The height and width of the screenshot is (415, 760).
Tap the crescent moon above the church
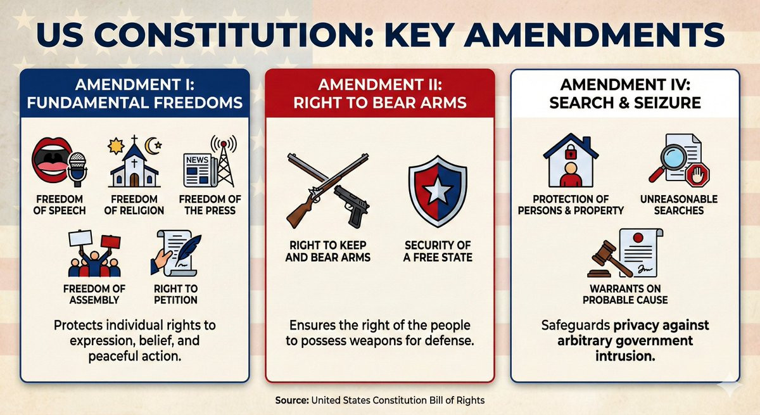click(151, 146)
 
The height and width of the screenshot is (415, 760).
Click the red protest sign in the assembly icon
click(111, 241)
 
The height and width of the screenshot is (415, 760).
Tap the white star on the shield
click(438, 190)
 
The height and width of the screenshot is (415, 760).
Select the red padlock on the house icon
click(571, 152)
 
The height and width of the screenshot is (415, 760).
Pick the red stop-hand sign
click(697, 175)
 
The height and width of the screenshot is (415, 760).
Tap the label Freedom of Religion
click(134, 205)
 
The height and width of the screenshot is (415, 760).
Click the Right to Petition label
click(175, 294)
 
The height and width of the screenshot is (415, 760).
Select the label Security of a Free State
click(438, 251)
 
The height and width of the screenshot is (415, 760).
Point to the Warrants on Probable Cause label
click(625, 294)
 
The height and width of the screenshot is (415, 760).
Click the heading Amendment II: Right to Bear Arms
click(380, 94)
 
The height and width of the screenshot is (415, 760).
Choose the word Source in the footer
click(292, 400)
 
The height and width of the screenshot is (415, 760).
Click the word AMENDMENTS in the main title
click(594, 35)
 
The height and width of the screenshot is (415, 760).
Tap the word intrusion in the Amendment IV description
click(625, 356)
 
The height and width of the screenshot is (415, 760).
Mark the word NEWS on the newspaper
click(197, 160)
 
